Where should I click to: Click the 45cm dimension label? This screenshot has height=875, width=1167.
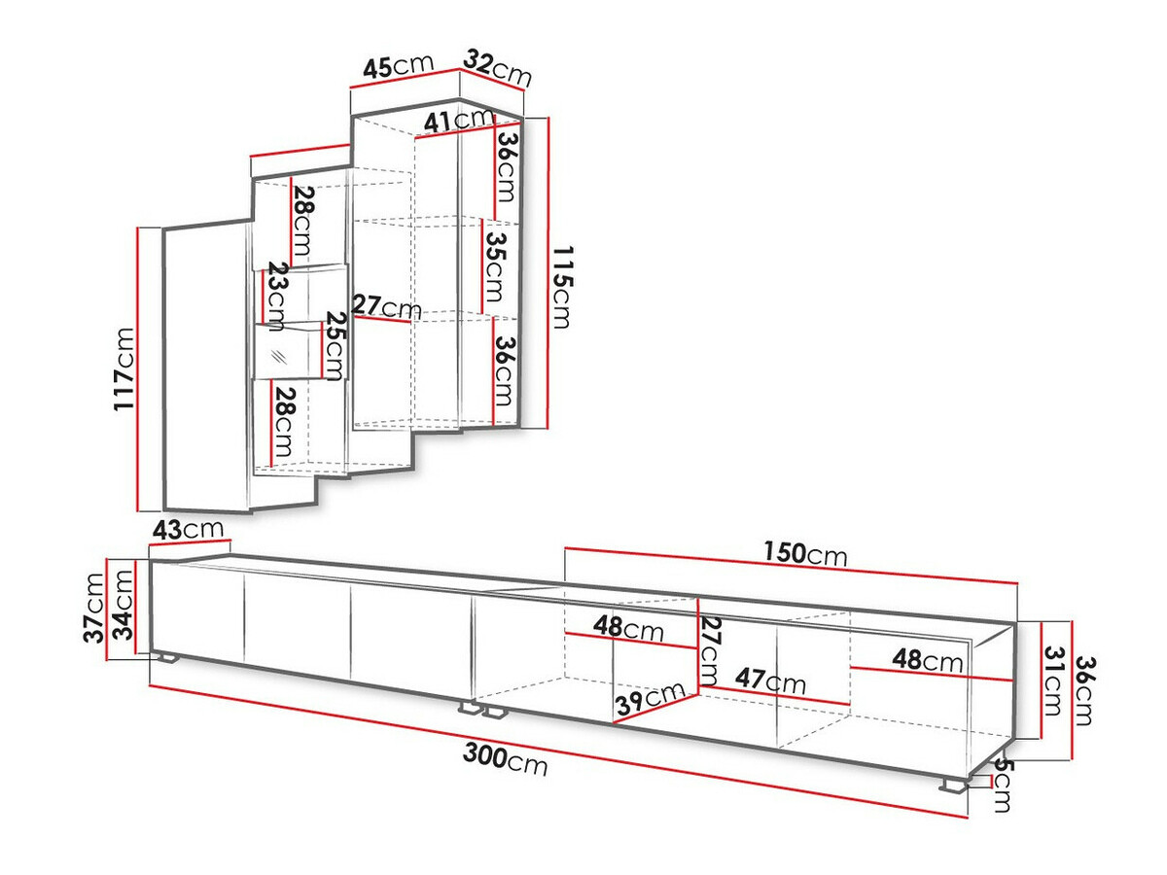coord(398,66)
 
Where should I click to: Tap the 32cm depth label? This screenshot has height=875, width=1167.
coord(498,68)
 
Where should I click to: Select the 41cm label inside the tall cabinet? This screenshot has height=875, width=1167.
coord(458,121)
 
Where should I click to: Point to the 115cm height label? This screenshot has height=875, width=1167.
coord(563,287)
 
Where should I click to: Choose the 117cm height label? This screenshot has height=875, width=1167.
coord(124,369)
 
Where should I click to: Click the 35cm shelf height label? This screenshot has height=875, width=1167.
coord(494,267)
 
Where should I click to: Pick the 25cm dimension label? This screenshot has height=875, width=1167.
coord(335,346)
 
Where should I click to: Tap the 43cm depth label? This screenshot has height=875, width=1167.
coord(188,529)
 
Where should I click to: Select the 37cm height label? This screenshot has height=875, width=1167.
coord(94,608)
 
